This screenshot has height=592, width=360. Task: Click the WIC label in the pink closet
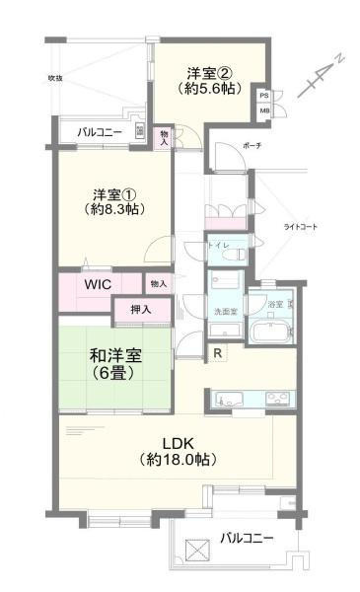pos(97,284)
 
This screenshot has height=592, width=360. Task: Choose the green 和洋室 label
pos(111,365)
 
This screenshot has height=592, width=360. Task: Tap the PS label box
pos(264,96)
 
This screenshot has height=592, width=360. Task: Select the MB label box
pos(264,111)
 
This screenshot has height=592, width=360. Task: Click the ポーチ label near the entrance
pos(251,148)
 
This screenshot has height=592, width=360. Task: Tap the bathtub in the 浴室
pos(268,329)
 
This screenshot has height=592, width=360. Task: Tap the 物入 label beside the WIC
pos(158,284)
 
